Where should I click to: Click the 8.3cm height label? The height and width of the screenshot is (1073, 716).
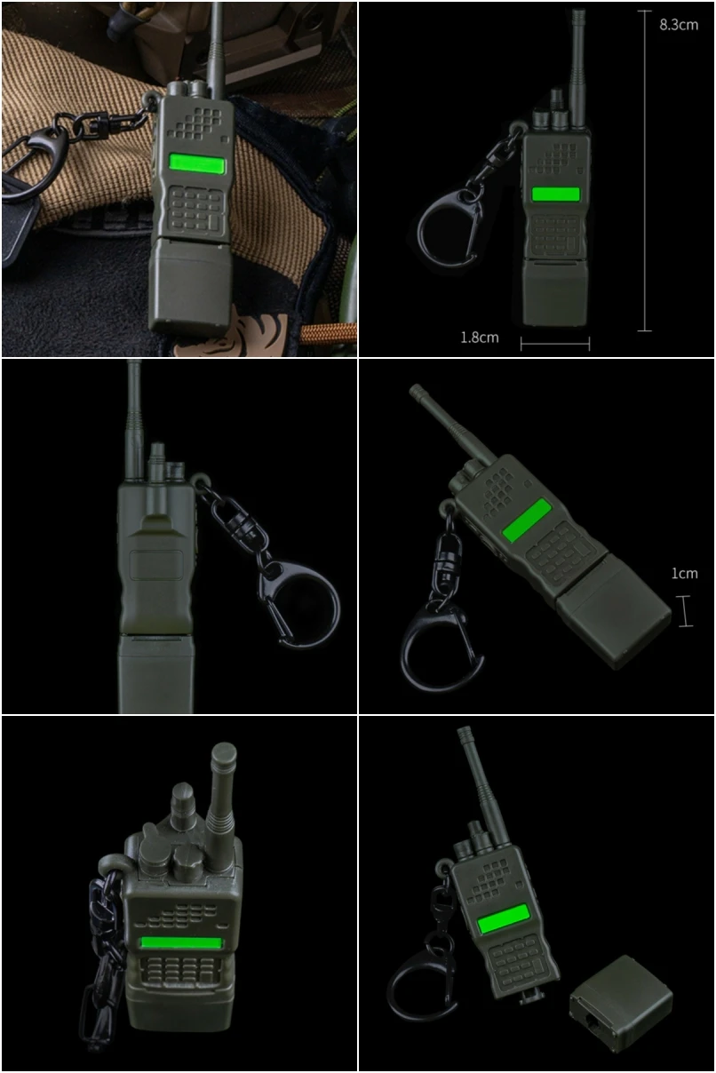point(678,25)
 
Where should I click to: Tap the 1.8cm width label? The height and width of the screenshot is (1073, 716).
point(480,338)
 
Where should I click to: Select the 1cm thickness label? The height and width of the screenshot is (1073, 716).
point(684,574)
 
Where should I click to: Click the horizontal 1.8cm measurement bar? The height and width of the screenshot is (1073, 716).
point(555,343)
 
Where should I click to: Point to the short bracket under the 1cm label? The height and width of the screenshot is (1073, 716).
point(686,611)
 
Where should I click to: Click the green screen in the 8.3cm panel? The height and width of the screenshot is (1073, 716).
point(555,194)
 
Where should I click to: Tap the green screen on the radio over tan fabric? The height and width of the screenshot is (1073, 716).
point(196,164)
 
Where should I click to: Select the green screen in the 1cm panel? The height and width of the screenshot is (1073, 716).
point(527,520)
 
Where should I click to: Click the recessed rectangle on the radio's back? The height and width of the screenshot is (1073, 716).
point(155,565)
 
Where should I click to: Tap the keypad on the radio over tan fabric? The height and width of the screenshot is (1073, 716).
point(195,210)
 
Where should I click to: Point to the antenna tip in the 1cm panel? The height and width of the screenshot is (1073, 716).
point(414,389)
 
